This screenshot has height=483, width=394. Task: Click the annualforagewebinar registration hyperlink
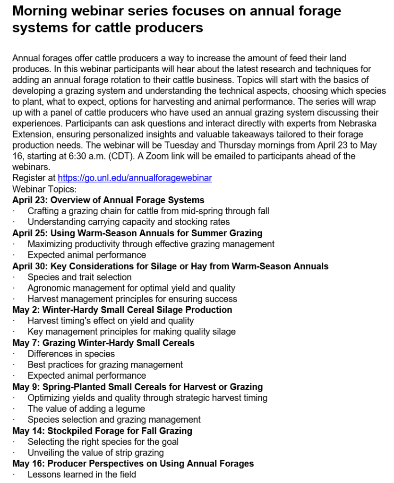pos(135,178)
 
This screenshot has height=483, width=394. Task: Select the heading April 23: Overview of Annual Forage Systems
pos(108,200)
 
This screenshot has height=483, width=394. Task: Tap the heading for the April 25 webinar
pos(137,233)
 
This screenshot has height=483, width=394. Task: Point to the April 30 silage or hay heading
pos(170,266)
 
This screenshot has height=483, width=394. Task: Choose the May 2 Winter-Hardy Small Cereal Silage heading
pos(122,310)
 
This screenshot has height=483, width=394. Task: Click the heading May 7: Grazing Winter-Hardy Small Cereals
pos(103,343)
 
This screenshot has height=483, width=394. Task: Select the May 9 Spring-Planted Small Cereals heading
pos(137,387)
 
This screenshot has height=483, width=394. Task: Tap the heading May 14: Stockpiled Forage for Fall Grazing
pos(102,431)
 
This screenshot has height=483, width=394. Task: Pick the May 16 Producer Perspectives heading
pos(133,464)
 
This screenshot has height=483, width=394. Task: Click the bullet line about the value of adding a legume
pos(86,408)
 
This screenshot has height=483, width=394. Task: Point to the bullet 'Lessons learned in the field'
pos(81,475)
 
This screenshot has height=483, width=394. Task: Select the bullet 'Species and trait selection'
pos(79,277)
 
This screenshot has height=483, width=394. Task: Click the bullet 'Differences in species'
pos(71,354)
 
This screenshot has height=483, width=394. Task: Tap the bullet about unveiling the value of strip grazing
pos(95,452)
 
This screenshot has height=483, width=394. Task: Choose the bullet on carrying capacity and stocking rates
pos(128,222)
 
